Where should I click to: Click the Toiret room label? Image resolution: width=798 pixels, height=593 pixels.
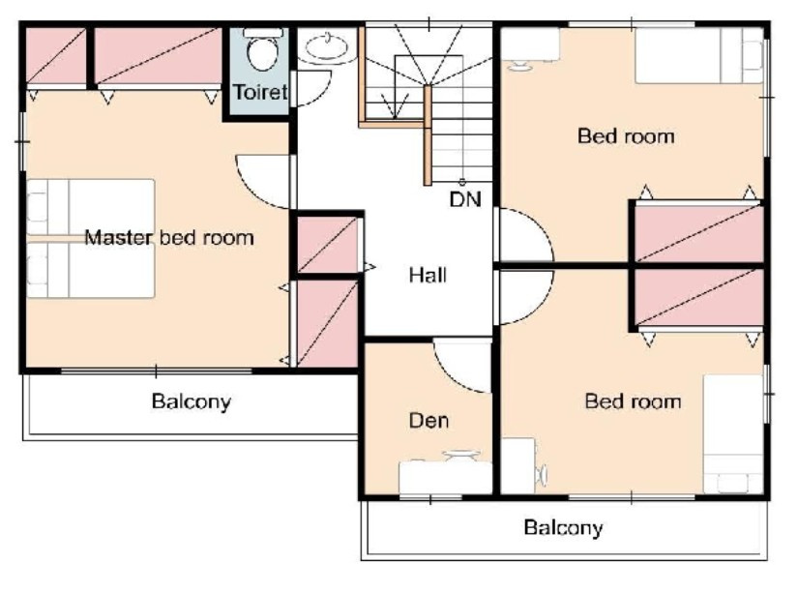[x=260, y=92]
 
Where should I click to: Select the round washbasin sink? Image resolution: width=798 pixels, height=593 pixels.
[x=327, y=47]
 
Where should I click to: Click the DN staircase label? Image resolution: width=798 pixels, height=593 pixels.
[x=465, y=199]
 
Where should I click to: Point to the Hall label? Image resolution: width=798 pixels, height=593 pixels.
[x=428, y=275]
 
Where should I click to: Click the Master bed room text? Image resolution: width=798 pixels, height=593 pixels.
[x=169, y=237]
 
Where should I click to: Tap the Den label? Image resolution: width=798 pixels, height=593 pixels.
[x=429, y=421]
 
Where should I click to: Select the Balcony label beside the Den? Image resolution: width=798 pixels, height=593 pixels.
[x=192, y=401]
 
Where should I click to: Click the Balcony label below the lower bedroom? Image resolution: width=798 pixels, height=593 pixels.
[x=563, y=527]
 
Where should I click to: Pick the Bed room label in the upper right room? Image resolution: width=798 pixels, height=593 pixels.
[x=626, y=135]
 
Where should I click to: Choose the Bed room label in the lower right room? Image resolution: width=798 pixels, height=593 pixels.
[x=634, y=401]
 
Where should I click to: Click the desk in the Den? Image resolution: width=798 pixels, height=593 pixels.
[x=445, y=477]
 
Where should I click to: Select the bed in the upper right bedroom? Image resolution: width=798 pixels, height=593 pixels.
[x=699, y=55]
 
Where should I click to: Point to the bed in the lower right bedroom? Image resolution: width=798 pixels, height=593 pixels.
[x=733, y=434]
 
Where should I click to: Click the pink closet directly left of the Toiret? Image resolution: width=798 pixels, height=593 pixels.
[x=159, y=56]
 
